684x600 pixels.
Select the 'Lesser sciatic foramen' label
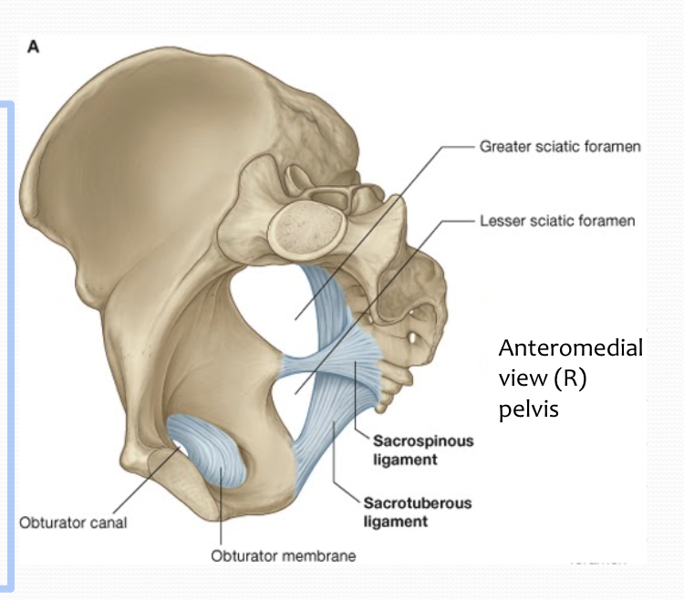(557, 221)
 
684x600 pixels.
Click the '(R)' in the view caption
(569, 378)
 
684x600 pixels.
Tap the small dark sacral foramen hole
(416, 339)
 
